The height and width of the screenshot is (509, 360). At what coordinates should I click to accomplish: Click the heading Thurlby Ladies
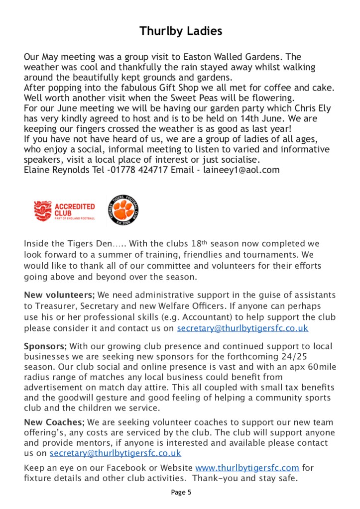pyautogui.click(x=180, y=31)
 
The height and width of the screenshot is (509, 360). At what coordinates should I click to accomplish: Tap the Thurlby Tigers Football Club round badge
pyautogui.click(x=123, y=210)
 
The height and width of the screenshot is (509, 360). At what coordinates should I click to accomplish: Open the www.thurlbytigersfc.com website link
pyautogui.click(x=247, y=468)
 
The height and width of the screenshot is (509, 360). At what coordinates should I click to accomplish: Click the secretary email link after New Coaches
pyautogui.click(x=115, y=453)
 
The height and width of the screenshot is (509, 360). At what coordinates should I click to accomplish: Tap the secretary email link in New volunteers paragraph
pyautogui.click(x=242, y=328)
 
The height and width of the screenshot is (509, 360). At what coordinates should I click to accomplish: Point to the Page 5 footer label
pyautogui.click(x=181, y=493)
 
